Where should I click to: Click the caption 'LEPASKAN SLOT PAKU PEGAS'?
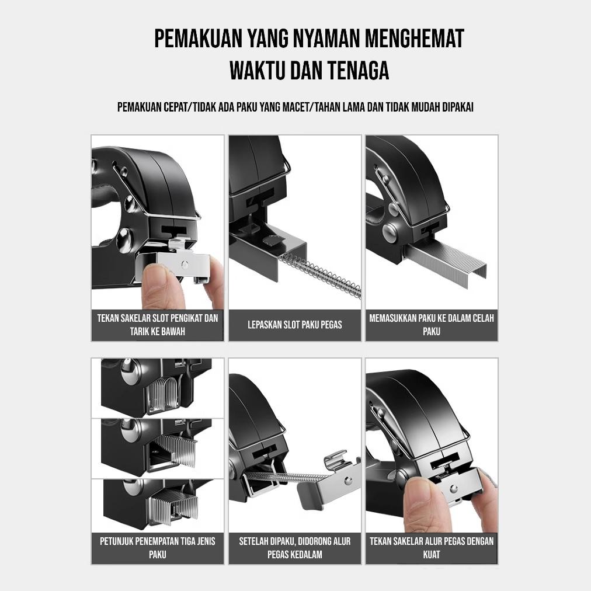(x=295, y=325)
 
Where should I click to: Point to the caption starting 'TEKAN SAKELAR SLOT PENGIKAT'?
(x=158, y=325)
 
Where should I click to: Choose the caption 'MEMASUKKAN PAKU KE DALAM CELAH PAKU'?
(x=432, y=325)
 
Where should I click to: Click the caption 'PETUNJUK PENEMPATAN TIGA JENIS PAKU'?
(x=158, y=548)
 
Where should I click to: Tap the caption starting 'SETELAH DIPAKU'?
(x=295, y=548)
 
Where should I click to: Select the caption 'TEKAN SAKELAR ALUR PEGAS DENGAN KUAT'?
(x=432, y=548)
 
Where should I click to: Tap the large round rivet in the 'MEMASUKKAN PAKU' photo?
(x=390, y=232)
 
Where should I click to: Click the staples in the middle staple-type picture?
(x=175, y=450)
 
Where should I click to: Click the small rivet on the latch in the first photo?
(x=185, y=264)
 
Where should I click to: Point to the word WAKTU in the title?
(x=257, y=71)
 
